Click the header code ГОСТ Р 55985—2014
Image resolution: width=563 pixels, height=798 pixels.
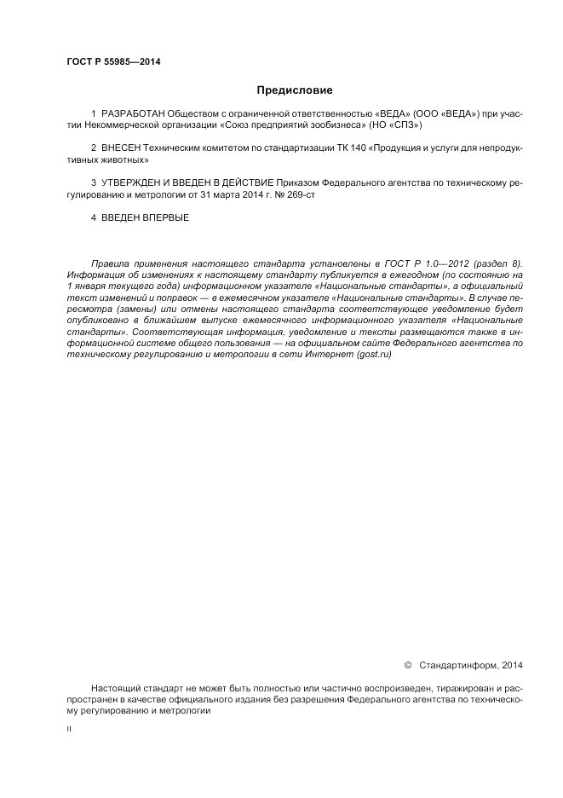coord(113,62)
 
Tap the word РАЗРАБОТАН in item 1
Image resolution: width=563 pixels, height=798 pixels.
coord(134,113)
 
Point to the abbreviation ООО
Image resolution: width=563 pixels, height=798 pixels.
coord(426,113)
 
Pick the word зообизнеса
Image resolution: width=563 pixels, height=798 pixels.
coord(336,124)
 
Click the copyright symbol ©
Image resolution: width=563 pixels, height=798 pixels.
coord(407,664)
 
